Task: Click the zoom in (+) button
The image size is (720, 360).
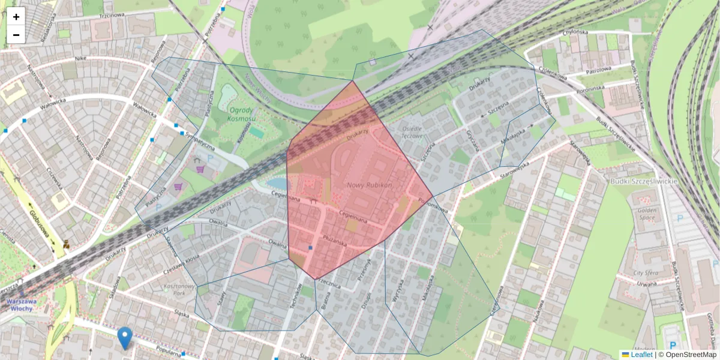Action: pyautogui.click(x=16, y=17)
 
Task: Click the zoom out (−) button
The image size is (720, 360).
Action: pyautogui.click(x=16, y=35)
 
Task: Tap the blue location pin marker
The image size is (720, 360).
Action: pyautogui.click(x=125, y=338)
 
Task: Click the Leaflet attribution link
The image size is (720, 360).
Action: pyautogui.click(x=641, y=355)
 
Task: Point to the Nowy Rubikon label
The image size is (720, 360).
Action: pyautogui.click(x=369, y=185)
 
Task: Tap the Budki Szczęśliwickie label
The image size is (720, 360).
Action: pyautogui.click(x=643, y=181)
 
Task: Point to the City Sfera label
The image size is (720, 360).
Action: pyautogui.click(x=647, y=272)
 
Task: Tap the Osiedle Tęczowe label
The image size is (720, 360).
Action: pyautogui.click(x=411, y=132)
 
